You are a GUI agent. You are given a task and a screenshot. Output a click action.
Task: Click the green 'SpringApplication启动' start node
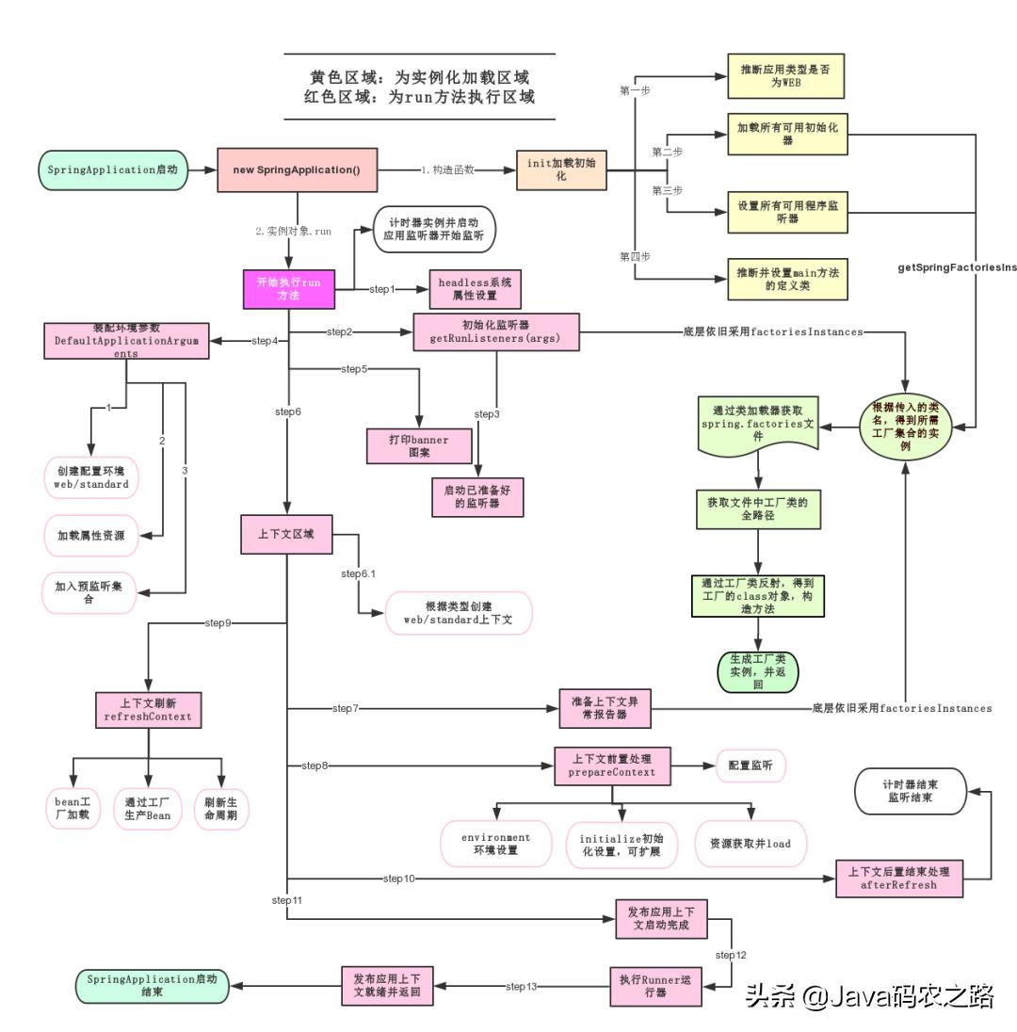(113, 170)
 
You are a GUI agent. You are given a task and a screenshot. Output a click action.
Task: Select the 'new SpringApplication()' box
(297, 170)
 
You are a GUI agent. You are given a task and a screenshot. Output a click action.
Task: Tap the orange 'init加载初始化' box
(560, 170)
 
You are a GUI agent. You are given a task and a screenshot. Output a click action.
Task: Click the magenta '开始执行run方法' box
(288, 288)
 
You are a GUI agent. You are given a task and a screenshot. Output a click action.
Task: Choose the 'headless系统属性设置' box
(475, 289)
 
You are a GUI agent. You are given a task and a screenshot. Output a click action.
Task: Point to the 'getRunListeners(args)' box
(496, 332)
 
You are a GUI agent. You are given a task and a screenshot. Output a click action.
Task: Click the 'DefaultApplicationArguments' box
(126, 341)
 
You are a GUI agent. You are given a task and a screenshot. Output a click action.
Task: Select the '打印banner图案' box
(419, 446)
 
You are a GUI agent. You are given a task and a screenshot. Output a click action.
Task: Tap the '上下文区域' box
(286, 535)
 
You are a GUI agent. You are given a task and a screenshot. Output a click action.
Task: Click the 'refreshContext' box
(149, 710)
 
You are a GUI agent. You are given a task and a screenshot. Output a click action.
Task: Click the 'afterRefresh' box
(899, 879)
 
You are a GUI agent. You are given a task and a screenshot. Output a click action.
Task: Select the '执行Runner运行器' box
(655, 986)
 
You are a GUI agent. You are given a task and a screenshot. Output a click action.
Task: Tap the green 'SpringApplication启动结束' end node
(152, 986)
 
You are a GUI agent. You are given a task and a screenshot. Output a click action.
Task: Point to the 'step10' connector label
(399, 879)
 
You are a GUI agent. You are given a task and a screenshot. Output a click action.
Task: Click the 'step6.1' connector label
(359, 573)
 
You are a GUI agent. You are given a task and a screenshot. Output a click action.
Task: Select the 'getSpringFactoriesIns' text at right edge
(957, 267)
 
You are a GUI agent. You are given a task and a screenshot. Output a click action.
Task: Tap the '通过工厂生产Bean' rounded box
(148, 808)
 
